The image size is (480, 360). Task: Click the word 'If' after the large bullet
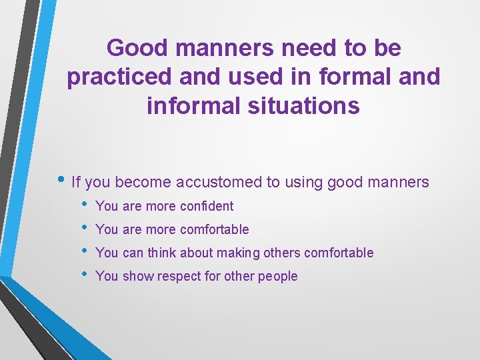pyautogui.click(x=75, y=181)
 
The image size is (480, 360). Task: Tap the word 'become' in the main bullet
pyautogui.click(x=144, y=181)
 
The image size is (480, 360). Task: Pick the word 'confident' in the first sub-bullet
pyautogui.click(x=207, y=207)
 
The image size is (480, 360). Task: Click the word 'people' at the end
pyautogui.click(x=279, y=276)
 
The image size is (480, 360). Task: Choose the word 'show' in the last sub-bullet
pyautogui.click(x=137, y=276)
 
